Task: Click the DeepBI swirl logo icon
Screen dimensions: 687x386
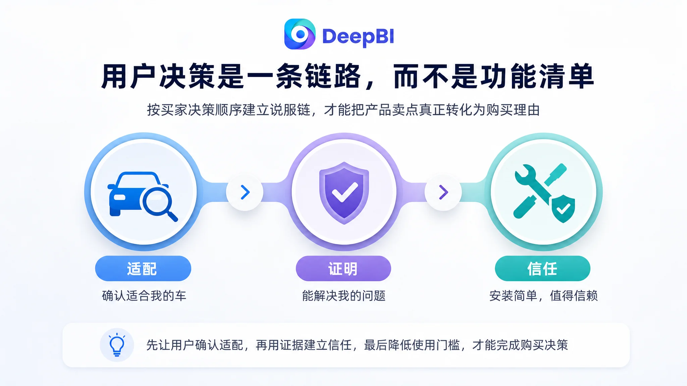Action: coord(300,34)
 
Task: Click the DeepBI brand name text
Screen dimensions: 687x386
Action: coord(358,36)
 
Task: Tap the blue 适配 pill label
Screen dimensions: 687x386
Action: coord(143,268)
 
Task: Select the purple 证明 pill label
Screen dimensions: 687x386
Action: coord(343,268)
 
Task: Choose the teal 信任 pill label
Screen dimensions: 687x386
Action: coord(542,268)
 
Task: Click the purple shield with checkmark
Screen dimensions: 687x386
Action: coord(344,193)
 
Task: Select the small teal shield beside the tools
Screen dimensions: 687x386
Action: coord(564,209)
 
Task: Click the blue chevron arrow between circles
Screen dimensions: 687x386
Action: coord(245,192)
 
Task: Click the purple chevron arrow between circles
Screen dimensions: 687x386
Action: coord(443,192)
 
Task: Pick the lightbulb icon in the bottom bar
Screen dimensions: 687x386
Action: coord(117,345)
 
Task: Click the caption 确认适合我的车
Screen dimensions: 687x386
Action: coord(144,296)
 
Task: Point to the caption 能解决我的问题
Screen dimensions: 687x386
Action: coord(344,296)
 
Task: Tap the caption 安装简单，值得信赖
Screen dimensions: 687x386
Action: coord(543,296)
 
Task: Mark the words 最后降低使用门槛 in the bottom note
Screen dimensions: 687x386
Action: coord(412,345)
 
